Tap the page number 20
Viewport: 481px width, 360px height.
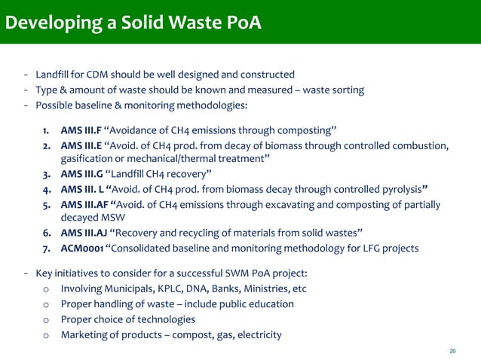pyautogui.click(x=452, y=350)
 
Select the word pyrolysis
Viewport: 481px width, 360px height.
pyautogui.click(x=396, y=189)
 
